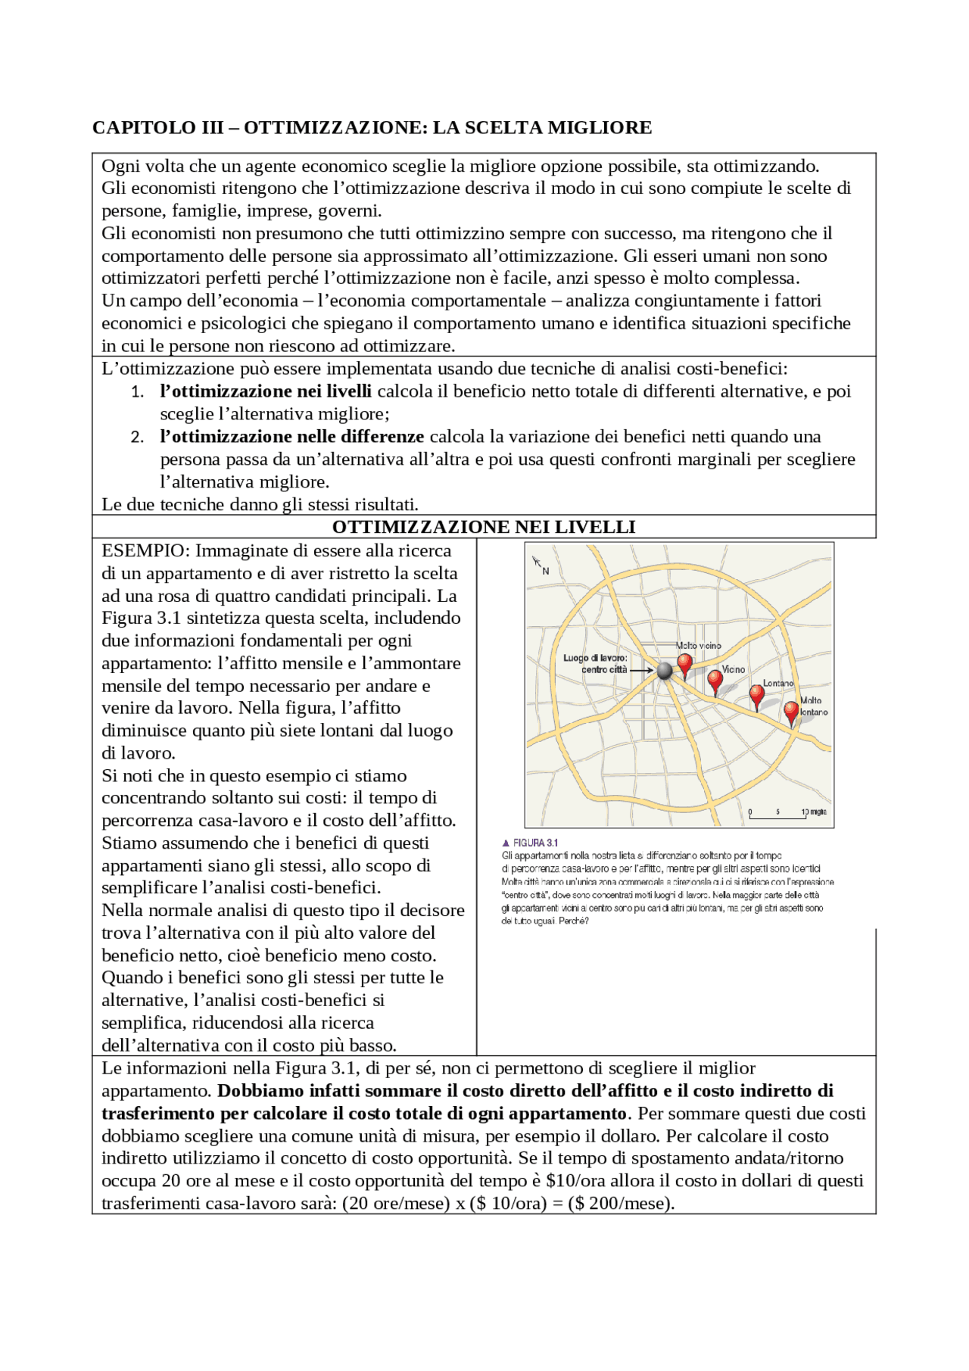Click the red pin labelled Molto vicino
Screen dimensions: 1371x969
click(684, 664)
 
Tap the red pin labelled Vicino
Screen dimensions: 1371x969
click(715, 681)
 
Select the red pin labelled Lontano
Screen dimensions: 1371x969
click(756, 695)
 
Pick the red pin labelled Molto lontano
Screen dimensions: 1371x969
click(791, 712)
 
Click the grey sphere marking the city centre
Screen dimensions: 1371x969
click(664, 671)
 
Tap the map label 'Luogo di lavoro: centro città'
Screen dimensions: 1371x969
click(595, 664)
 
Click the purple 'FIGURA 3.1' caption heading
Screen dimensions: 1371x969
click(530, 843)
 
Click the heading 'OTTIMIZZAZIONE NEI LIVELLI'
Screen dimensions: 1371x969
click(484, 527)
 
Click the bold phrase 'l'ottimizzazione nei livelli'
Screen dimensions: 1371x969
click(266, 391)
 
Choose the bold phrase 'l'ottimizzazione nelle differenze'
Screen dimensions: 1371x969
click(291, 437)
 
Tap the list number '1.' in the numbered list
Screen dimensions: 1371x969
click(137, 392)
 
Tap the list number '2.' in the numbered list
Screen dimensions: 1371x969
click(137, 438)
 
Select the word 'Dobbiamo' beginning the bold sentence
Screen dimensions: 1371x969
click(254, 1091)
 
